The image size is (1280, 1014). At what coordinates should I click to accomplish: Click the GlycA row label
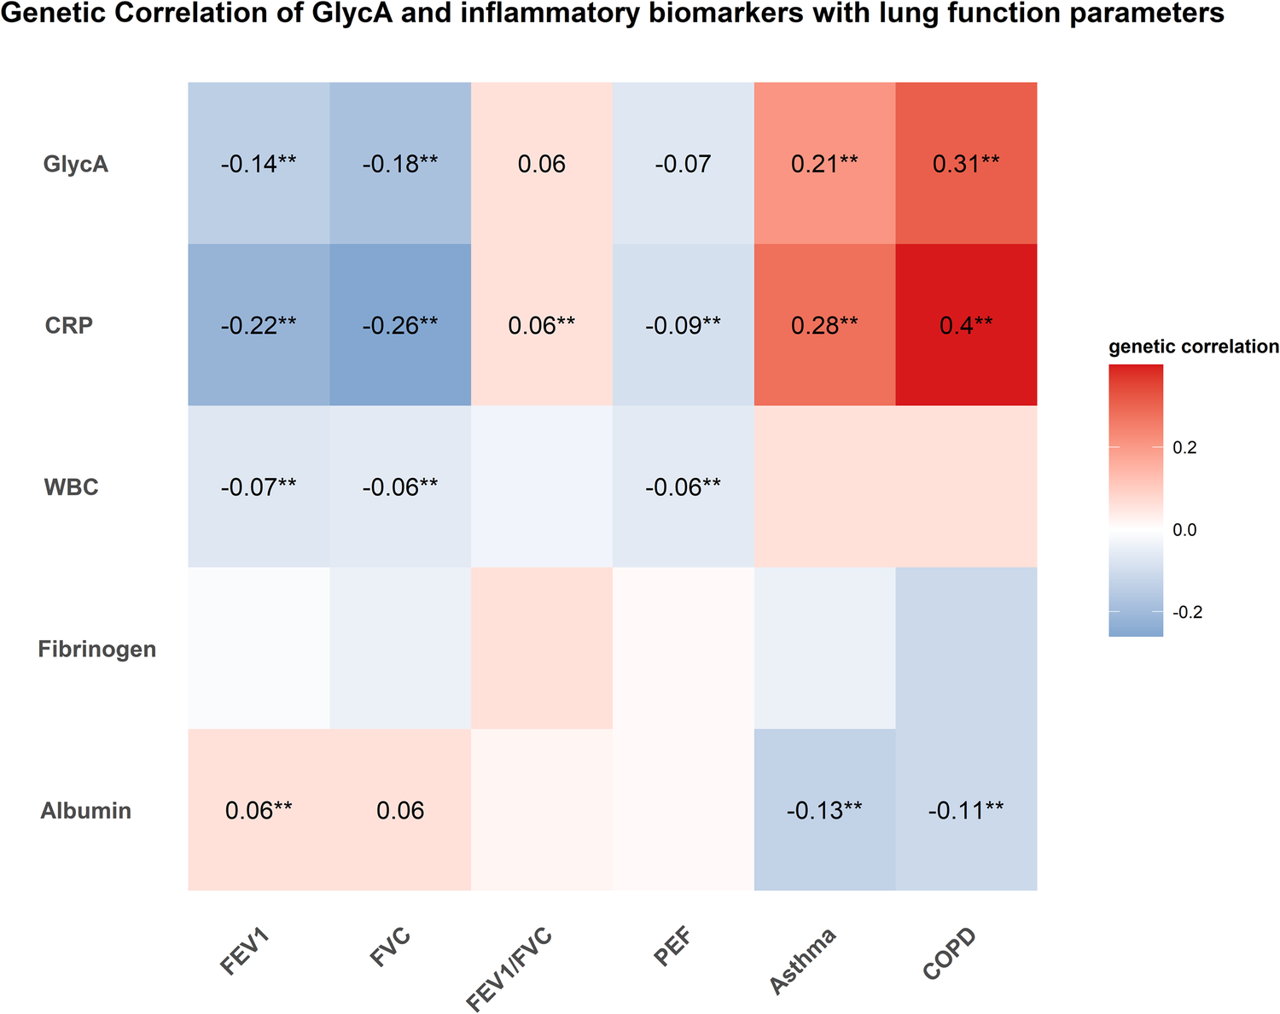[76, 164]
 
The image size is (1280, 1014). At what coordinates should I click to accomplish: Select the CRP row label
[69, 325]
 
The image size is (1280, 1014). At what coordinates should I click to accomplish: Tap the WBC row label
[71, 487]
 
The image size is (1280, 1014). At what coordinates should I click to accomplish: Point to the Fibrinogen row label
[97, 649]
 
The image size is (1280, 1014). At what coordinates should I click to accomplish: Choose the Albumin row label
[86, 810]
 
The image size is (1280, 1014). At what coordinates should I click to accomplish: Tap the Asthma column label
[802, 960]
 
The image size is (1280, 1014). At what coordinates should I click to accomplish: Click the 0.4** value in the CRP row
[966, 325]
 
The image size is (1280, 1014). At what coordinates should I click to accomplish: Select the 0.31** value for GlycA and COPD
[966, 164]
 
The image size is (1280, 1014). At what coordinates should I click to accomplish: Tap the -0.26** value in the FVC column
[400, 325]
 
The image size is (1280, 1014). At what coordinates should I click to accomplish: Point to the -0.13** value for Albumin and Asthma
[824, 810]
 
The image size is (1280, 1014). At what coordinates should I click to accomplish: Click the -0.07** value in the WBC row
[259, 487]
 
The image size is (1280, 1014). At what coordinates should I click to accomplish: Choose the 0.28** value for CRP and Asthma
[824, 325]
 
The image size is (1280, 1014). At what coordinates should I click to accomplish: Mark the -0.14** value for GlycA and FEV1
[259, 164]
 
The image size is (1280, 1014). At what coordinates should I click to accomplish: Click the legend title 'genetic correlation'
[1193, 347]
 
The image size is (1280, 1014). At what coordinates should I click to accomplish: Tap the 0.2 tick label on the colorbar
[1184, 447]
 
